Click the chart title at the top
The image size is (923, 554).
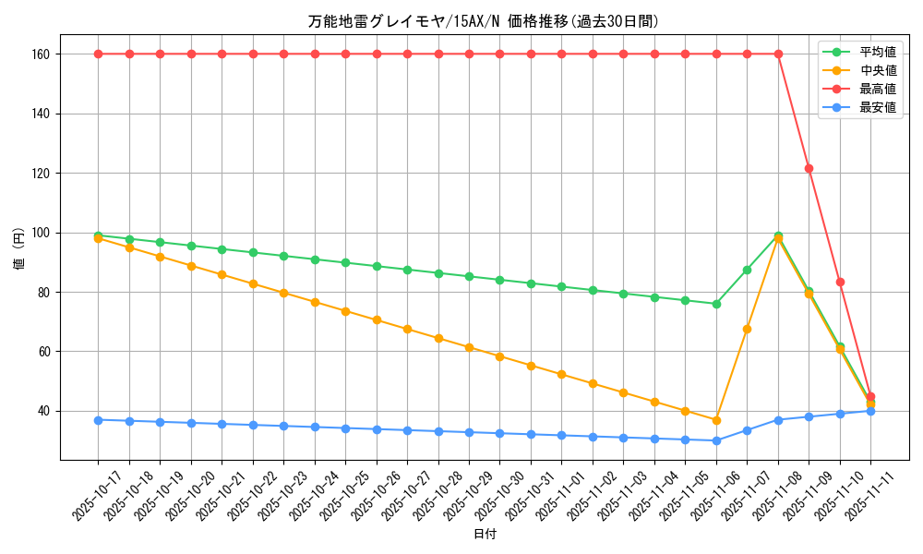pos(484,21)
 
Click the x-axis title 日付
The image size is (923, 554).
pos(485,535)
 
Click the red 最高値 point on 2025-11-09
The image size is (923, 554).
pos(809,168)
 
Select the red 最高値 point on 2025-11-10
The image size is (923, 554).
pos(840,282)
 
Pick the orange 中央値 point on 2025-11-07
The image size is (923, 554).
pos(747,329)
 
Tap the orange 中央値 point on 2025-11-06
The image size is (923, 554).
pos(716,420)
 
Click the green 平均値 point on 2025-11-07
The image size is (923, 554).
pos(747,270)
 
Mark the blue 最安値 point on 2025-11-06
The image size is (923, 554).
pos(716,440)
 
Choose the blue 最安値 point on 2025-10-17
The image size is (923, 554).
pos(98,420)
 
